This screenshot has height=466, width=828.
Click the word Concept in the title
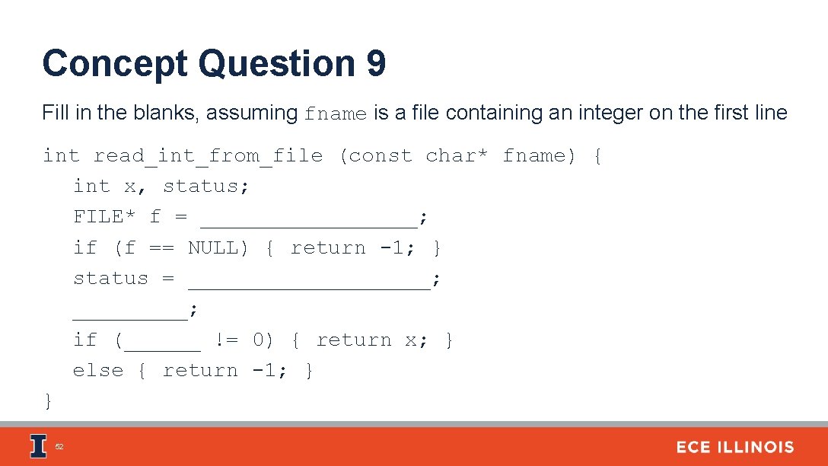pos(115,64)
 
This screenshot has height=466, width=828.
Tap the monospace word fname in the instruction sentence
pos(336,114)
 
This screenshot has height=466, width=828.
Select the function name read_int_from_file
pos(208,156)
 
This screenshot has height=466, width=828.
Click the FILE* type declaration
pos(105,217)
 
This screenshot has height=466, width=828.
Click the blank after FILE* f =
pos(309,221)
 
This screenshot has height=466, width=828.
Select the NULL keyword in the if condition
pos(218,248)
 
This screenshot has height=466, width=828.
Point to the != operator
pos(227,340)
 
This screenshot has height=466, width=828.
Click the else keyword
pos(98,371)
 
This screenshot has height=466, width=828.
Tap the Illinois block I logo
pos(37,446)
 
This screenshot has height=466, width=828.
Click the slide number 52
pos(60,448)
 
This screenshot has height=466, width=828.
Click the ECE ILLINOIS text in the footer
pos(734,448)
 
